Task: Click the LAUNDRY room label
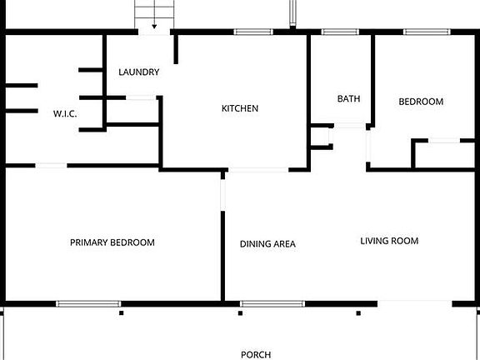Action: pyautogui.click(x=138, y=72)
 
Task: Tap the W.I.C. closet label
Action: pyautogui.click(x=65, y=114)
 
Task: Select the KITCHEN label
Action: pyautogui.click(x=239, y=108)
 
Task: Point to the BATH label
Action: pyautogui.click(x=348, y=99)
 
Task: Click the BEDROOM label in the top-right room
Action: pyautogui.click(x=421, y=102)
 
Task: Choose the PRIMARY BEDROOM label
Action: pyautogui.click(x=112, y=242)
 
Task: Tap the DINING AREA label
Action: pyautogui.click(x=267, y=244)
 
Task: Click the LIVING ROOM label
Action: pyautogui.click(x=389, y=242)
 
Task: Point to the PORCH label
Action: pyautogui.click(x=256, y=354)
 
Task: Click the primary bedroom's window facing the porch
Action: pyautogui.click(x=88, y=303)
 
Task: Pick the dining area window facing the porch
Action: pyautogui.click(x=272, y=303)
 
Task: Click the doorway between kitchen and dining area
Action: pyautogui.click(x=258, y=170)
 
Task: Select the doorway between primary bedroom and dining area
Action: pyautogui.click(x=222, y=193)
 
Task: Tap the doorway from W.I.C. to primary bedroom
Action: pyautogui.click(x=51, y=166)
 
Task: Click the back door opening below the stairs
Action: pyautogui.click(x=154, y=32)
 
